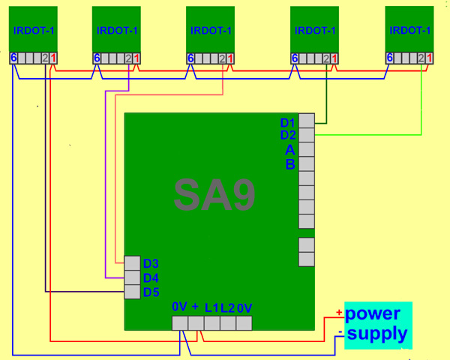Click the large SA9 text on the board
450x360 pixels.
[x=214, y=196]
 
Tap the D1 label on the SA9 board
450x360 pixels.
[x=288, y=122]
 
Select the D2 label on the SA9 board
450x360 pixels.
[x=288, y=136]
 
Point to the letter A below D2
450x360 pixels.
[x=290, y=150]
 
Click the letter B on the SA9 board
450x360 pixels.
[x=290, y=164]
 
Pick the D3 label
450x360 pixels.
[x=151, y=264]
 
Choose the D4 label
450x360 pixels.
[x=151, y=278]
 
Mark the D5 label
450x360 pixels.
[x=151, y=292]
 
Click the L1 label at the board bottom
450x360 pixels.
[x=211, y=307]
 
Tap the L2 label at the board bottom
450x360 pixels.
[x=228, y=307]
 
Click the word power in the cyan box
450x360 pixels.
[x=373, y=313]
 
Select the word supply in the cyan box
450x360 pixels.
[x=378, y=334]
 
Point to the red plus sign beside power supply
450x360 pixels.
[x=339, y=313]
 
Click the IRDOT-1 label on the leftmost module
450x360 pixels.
[x=34, y=31]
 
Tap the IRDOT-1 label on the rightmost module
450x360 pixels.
[x=410, y=31]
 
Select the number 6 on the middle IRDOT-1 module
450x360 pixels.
[x=190, y=58]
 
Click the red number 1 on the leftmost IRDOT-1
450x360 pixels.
[x=54, y=58]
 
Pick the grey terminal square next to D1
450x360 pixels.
[x=306, y=121]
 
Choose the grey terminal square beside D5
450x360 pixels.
[x=132, y=292]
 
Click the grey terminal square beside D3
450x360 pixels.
[x=132, y=263]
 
